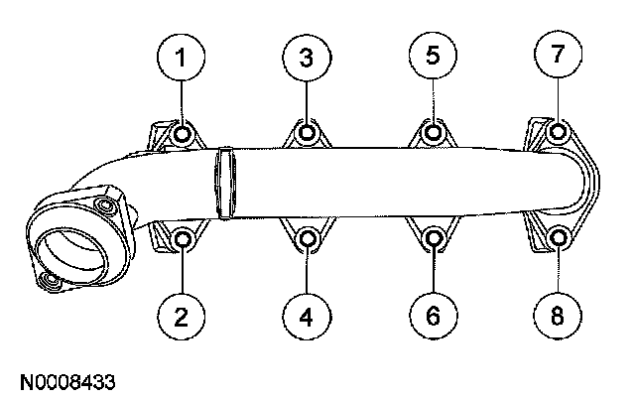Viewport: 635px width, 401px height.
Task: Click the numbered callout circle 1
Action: (181, 58)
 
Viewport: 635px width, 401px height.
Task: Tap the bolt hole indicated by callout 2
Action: (182, 238)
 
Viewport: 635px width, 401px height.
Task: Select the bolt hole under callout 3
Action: (308, 133)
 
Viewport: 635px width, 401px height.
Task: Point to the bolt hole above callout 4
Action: (308, 238)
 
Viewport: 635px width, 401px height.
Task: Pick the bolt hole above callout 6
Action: (434, 238)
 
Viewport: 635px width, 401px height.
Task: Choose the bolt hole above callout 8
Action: (559, 238)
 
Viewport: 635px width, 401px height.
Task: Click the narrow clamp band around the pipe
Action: (225, 184)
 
